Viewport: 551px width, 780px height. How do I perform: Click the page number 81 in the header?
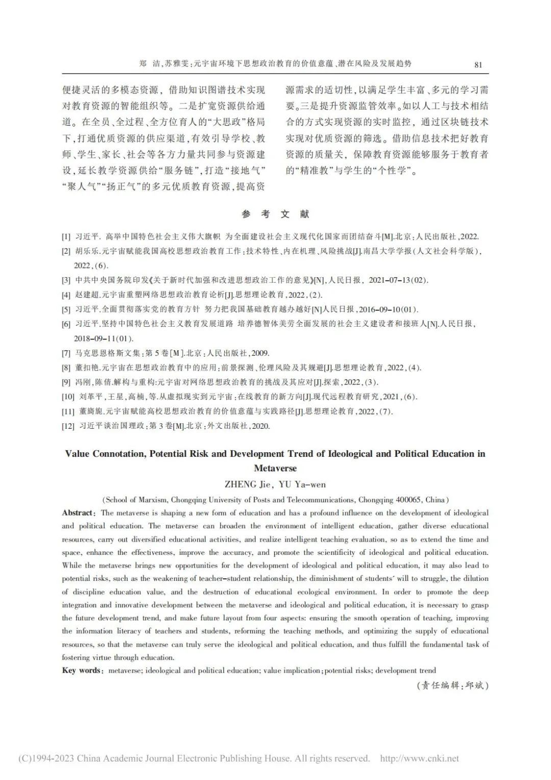click(478, 64)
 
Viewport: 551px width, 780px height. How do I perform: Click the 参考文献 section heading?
click(275, 214)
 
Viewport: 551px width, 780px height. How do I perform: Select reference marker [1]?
click(66, 237)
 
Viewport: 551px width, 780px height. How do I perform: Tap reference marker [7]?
click(66, 353)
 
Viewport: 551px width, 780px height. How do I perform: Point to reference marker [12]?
click(68, 426)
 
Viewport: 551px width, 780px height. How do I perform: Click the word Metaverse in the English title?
click(275, 468)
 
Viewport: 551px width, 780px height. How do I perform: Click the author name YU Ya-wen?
click(303, 484)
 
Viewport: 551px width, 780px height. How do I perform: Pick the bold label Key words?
click(82, 670)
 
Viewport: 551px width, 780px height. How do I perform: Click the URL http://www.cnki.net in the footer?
click(419, 759)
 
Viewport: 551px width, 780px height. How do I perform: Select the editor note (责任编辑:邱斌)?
click(453, 686)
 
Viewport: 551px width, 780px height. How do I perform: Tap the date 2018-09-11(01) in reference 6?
click(104, 338)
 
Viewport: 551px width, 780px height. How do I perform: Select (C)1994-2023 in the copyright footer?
click(46, 759)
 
